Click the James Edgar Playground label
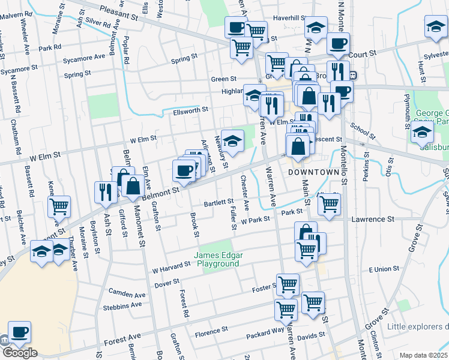click(217, 259)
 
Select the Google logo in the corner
click(19, 353)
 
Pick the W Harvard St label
click(171, 269)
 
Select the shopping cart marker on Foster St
click(288, 284)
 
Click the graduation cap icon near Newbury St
click(233, 142)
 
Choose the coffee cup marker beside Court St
click(339, 44)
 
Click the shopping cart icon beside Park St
click(329, 204)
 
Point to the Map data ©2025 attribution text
click(423, 355)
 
